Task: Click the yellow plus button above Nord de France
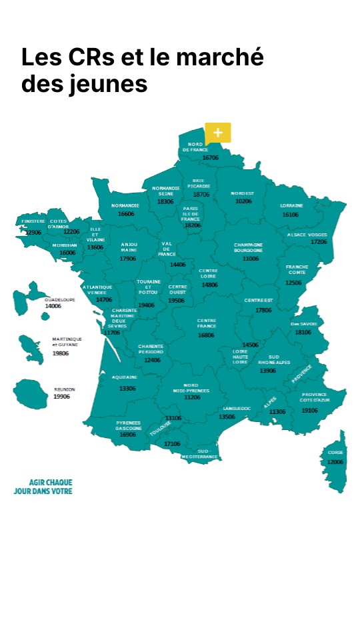tap(217, 132)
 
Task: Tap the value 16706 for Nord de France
tap(211, 158)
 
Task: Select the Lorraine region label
tap(291, 205)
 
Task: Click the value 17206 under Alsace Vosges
tap(319, 242)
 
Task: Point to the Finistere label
tap(33, 221)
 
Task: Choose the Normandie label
tap(125, 205)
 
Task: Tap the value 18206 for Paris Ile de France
tap(192, 225)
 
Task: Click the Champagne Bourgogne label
tap(248, 247)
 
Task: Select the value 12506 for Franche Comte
tap(293, 283)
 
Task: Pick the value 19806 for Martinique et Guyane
tap(61, 353)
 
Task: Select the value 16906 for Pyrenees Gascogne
tap(127, 435)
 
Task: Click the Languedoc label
tap(237, 408)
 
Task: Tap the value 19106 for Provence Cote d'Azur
tap(309, 411)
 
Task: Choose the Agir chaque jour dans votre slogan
tap(43, 487)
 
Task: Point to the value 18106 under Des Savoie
tap(303, 332)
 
